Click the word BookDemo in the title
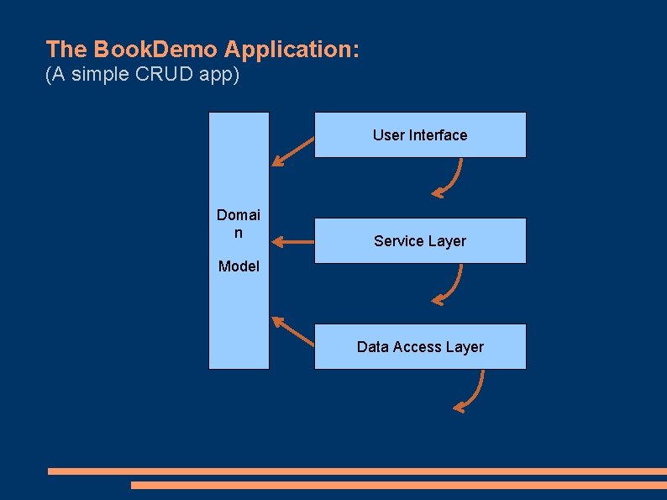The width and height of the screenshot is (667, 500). pos(155,49)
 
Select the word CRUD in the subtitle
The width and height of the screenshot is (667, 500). pos(164,74)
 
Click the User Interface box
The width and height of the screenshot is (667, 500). pos(420,135)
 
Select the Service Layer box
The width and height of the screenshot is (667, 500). pos(420,241)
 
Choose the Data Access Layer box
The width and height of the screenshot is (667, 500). pos(420,347)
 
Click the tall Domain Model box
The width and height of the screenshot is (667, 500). pos(239,241)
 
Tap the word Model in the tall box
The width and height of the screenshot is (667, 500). pos(239,266)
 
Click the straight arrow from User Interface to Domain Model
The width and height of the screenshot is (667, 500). pos(292,151)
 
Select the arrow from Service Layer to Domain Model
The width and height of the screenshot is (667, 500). pos(292,242)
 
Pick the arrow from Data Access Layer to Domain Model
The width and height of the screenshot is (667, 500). pos(292,331)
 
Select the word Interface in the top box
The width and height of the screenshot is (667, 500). pos(438,135)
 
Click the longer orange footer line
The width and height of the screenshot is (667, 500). pos(357,471)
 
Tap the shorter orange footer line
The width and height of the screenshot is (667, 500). pos(399,485)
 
